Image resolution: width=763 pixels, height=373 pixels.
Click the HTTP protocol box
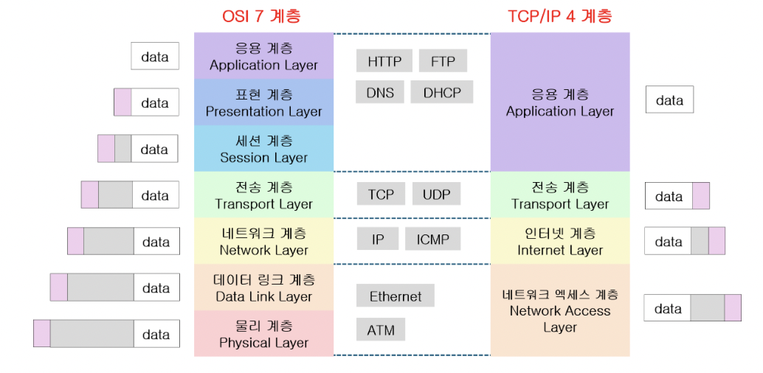tap(384, 60)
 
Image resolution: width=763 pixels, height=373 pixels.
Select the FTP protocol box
tap(443, 60)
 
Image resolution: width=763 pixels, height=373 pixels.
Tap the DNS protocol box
tap(379, 92)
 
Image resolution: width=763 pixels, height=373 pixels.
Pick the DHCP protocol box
tap(441, 92)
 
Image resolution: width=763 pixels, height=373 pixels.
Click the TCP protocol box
tap(381, 194)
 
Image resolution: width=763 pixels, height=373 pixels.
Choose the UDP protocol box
tap(436, 194)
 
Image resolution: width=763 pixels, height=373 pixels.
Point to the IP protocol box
tap(378, 239)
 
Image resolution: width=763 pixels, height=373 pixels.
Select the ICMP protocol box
tap(432, 239)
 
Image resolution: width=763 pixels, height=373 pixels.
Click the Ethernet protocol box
tap(395, 296)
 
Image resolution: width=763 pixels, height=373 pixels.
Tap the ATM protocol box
tap(381, 330)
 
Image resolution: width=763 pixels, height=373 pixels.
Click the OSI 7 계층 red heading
tap(261, 16)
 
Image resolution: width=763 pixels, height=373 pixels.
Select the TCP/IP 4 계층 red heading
tap(559, 16)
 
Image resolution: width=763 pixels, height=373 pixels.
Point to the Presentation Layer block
tap(263, 102)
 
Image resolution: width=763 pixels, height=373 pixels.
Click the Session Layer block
tap(263, 149)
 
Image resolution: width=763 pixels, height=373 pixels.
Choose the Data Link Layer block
tap(263, 287)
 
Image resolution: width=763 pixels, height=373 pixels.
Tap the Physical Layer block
tap(263, 334)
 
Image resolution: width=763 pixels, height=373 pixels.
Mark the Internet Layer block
tap(560, 241)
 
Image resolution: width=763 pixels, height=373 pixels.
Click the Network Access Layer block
tap(560, 310)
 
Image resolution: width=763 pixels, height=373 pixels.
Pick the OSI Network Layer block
tap(263, 241)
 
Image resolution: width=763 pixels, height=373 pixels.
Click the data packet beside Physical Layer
tap(106, 334)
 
